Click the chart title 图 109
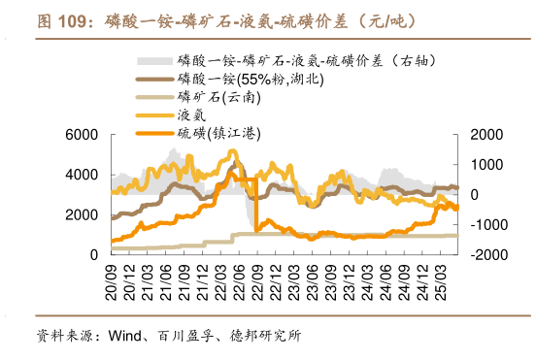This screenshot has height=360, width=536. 58,21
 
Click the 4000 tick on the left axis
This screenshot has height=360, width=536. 83,175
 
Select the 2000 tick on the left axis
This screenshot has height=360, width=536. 83,214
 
